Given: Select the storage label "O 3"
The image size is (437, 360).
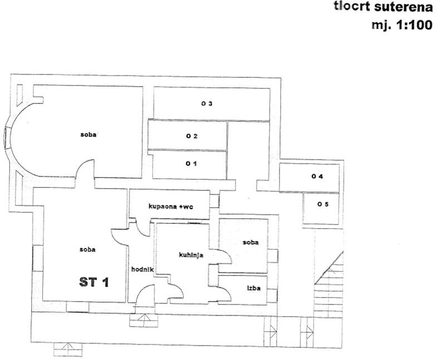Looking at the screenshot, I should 208,103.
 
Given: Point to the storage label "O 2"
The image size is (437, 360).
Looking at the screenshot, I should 192,136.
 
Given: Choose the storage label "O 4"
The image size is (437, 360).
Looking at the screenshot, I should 318,177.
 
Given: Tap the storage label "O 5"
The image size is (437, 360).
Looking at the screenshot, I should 323,204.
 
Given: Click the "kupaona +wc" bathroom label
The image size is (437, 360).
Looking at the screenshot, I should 170,206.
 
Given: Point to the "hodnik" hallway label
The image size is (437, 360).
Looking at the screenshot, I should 142,270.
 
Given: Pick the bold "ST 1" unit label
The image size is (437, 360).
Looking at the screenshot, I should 94,282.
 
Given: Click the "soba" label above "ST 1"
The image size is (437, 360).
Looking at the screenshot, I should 87,249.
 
